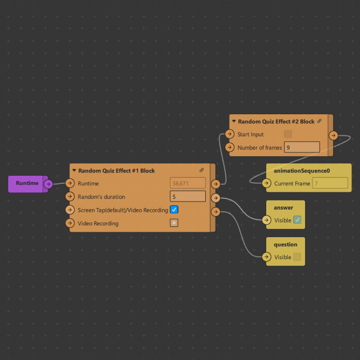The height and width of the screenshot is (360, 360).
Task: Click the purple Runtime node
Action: tap(27, 183)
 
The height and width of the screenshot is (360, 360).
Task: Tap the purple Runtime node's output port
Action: tap(47, 184)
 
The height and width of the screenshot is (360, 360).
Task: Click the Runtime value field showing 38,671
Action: tap(188, 183)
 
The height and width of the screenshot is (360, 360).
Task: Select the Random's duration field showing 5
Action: tap(188, 196)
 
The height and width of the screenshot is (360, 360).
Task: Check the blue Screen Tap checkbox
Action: tap(174, 210)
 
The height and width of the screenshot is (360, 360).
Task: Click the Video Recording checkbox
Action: tap(174, 223)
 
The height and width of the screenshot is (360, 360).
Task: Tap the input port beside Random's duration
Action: tap(70, 197)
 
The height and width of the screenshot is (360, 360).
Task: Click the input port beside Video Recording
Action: tap(70, 223)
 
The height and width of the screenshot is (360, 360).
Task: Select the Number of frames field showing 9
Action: tap(302, 147)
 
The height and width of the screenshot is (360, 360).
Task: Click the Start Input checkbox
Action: tap(288, 134)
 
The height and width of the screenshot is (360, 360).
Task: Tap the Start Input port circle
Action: tap(230, 134)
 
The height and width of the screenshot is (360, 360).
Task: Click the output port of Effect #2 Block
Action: tap(333, 135)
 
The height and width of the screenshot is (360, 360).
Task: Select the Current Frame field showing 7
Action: tap(330, 183)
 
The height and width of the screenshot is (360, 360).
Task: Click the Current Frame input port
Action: tap(267, 183)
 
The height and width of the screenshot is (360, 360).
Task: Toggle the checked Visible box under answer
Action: tap(297, 220)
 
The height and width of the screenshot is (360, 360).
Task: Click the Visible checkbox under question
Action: tap(297, 257)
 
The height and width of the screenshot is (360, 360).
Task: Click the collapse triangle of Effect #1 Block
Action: tap(74, 171)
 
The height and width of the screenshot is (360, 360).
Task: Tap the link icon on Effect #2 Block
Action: tap(320, 121)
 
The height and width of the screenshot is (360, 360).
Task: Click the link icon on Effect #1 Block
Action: tap(202, 170)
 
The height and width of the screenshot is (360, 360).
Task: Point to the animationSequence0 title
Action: tap(301, 171)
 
